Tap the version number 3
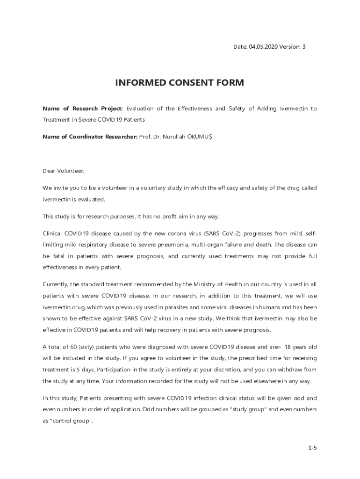click(x=304, y=47)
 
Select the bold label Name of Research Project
click(x=83, y=109)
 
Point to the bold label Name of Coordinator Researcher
click(x=90, y=137)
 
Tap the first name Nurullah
click(x=175, y=137)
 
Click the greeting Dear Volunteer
click(x=63, y=171)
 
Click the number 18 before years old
click(x=289, y=347)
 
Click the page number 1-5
click(x=312, y=448)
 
